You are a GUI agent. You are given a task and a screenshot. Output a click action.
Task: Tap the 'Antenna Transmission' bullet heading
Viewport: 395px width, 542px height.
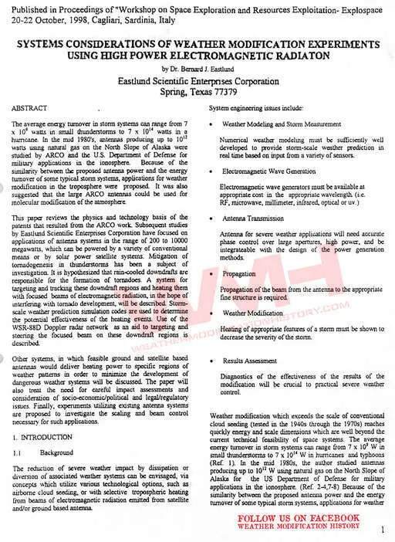[254, 220]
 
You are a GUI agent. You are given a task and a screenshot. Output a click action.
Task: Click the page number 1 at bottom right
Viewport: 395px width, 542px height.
[383, 530]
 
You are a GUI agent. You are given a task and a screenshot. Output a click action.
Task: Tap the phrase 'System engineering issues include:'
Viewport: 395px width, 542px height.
[256, 108]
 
